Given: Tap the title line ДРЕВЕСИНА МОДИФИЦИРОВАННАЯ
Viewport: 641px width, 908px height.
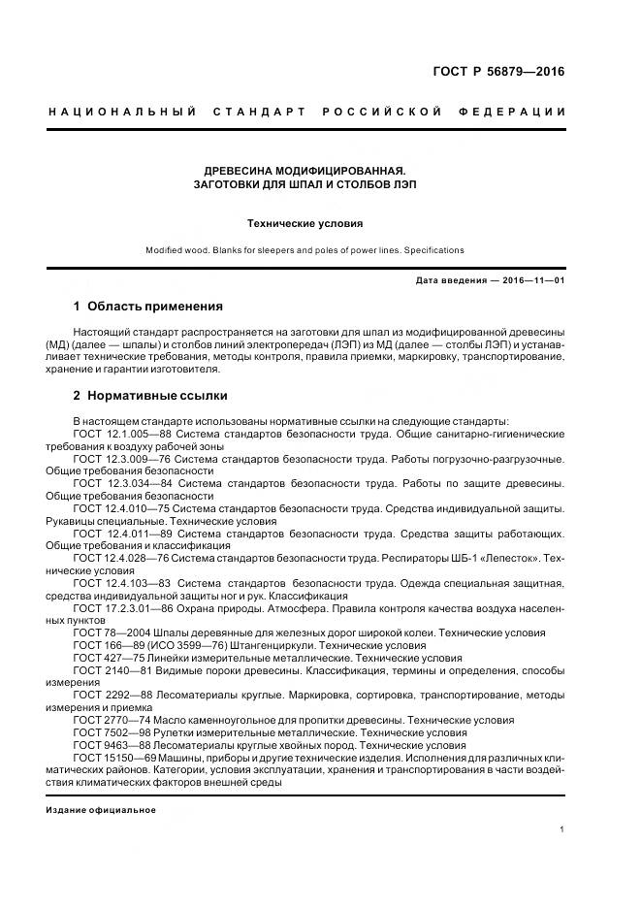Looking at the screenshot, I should pos(304,169).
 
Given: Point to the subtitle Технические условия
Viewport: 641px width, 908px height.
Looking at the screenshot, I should pos(304,222).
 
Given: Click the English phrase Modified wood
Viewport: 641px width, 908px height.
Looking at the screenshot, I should pos(178,250).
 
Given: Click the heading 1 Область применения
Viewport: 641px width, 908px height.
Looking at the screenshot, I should pos(147,306).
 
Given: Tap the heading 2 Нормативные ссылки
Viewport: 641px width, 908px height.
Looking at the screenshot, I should pos(150,396).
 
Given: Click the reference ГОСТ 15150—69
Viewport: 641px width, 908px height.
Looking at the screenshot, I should pos(110,758).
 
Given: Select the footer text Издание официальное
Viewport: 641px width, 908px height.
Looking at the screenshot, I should pos(101,809).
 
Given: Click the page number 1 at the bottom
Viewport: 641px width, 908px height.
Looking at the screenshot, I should pos(562,828).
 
